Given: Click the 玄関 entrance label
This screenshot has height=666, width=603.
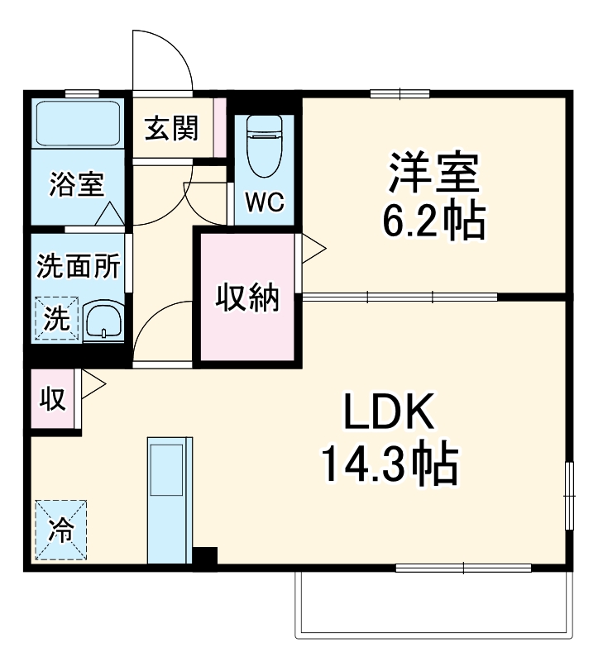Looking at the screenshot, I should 172,129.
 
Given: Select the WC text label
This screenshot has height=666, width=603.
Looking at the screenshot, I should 265,202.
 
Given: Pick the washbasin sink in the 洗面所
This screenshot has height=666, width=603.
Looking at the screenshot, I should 104,319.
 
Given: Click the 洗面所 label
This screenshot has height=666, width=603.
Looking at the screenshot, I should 79,266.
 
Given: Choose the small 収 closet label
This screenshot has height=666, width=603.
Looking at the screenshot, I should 53,399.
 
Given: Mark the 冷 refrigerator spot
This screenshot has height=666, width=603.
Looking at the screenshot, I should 60,530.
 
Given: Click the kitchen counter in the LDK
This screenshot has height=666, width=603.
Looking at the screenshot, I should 169,500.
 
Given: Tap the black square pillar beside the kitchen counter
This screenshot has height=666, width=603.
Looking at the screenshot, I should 204,558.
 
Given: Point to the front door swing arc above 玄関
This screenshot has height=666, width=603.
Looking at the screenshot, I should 165,58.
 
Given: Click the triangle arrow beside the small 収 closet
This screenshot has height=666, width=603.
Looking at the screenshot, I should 92,385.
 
